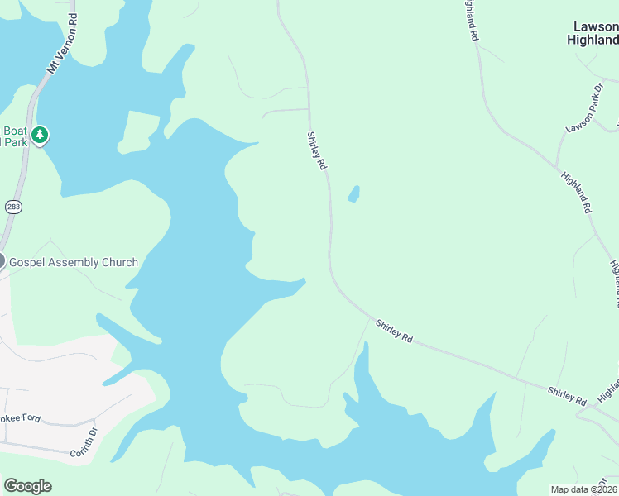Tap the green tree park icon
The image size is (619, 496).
[39, 135]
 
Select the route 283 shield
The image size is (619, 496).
[12, 206]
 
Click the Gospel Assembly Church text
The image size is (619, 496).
[74, 263]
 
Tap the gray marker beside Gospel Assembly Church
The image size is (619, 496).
[2, 261]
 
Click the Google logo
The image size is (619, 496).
[27, 485]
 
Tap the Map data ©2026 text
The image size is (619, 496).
[583, 489]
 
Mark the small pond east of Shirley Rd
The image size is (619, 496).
[354, 194]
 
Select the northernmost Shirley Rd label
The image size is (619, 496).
[317, 151]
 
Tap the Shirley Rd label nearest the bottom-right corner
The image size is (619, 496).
[566, 395]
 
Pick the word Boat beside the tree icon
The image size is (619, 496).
[15, 131]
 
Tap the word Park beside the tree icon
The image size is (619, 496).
[15, 142]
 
